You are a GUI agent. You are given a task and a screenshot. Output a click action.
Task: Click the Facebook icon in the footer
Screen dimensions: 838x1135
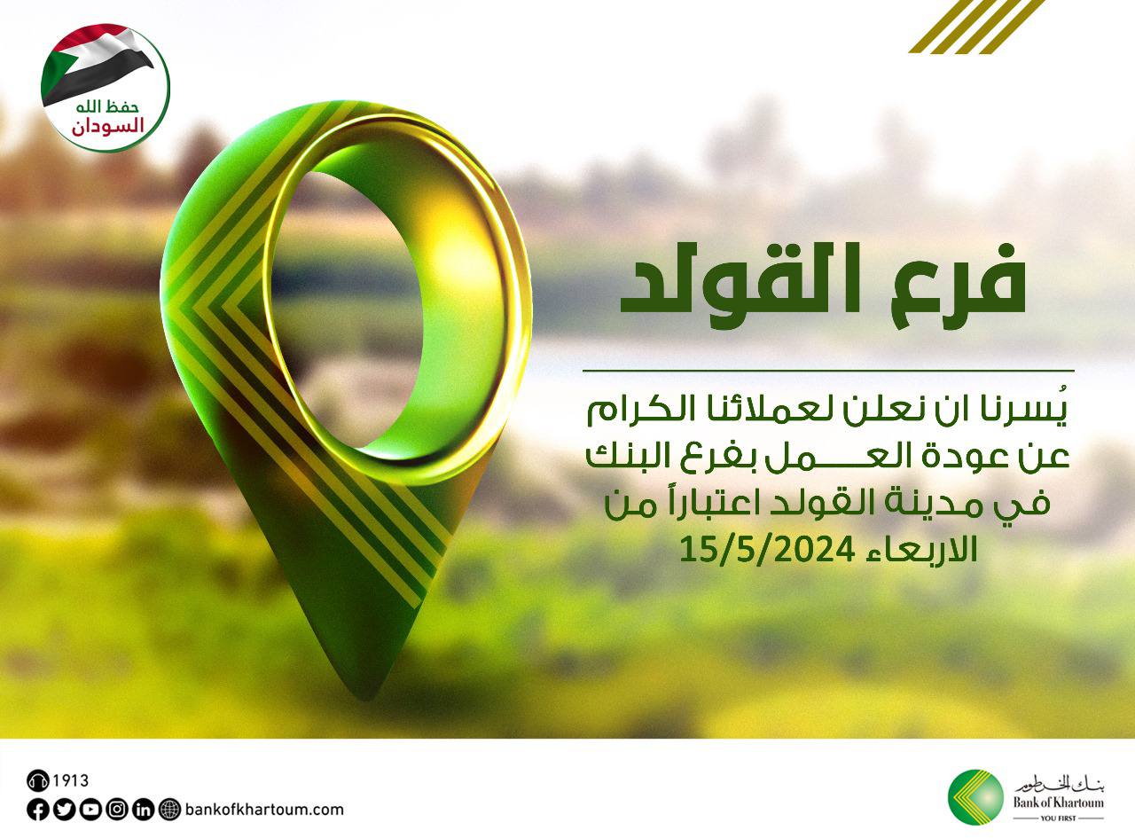tap(37, 809)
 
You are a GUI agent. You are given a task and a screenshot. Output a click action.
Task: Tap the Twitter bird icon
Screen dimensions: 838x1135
tap(64, 809)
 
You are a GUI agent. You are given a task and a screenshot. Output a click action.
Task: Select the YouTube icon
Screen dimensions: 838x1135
tap(90, 809)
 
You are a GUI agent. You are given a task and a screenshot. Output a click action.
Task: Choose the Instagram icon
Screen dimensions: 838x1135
tap(117, 809)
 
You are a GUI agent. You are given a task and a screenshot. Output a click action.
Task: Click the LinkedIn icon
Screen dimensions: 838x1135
tap(144, 809)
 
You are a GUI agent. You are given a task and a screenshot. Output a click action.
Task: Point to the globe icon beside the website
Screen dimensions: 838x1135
tap(170, 809)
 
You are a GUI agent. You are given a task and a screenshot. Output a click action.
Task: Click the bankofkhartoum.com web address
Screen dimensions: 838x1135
tap(264, 809)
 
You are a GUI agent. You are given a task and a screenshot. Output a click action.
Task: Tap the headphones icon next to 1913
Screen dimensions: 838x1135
tap(37, 781)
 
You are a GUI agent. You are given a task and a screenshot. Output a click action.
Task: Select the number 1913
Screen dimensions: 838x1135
tap(71, 781)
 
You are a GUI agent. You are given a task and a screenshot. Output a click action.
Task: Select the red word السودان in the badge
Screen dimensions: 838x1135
tap(106, 125)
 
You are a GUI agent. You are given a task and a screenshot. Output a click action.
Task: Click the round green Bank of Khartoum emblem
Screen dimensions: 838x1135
tap(975, 796)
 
